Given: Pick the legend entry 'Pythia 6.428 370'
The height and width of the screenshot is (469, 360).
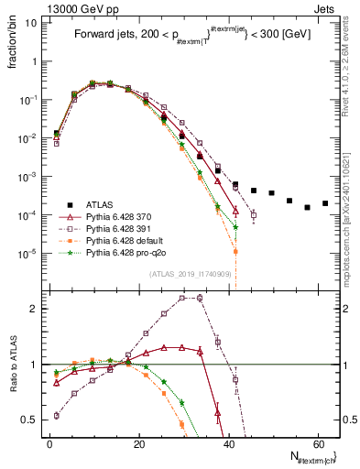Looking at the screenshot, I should point(125,214).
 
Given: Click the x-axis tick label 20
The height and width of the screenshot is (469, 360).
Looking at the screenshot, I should point(139,443).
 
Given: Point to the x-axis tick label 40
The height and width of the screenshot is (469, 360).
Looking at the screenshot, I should point(228,443).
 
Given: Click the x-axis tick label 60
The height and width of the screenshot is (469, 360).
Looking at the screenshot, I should point(317,443).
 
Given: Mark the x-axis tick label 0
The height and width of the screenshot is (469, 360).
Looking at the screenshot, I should point(50,443).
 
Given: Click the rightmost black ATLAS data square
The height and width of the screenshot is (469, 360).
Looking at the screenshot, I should point(325,203).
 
